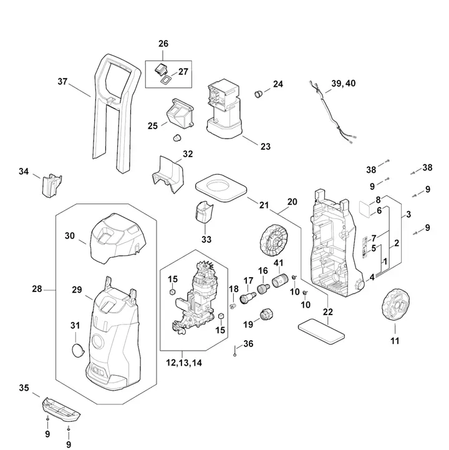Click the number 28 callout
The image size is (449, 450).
click(36, 289)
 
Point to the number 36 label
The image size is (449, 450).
click(248, 344)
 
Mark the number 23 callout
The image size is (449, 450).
click(265, 147)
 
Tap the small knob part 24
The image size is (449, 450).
click(258, 94)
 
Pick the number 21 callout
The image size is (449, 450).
click(264, 205)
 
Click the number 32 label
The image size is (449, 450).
click(187, 154)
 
